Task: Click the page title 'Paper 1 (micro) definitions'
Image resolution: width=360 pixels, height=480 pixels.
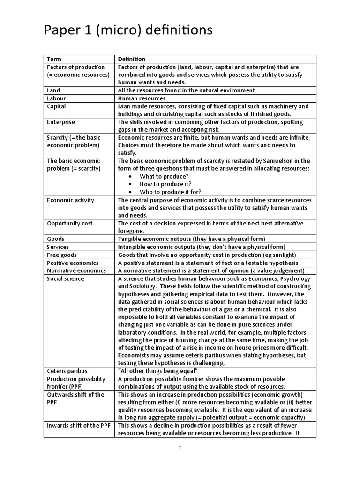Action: coord(128,31)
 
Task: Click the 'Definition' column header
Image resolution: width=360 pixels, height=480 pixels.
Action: coord(131,59)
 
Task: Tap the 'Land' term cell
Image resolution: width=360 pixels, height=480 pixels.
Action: coord(53,90)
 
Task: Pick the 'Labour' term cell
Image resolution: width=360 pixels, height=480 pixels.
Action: coord(56,98)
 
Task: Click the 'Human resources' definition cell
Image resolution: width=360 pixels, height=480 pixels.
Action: coord(141,98)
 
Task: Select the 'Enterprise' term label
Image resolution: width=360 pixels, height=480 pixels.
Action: coord(61,122)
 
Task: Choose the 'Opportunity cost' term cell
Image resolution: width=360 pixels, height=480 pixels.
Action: coord(70,223)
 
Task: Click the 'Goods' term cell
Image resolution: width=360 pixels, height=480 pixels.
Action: coord(56,239)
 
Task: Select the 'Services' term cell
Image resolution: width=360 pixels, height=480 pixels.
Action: coord(58,247)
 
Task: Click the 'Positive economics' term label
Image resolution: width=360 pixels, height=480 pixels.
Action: coord(73,262)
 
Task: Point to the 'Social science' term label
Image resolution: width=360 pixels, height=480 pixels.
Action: coord(66,278)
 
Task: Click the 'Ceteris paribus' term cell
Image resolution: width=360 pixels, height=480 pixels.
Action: coord(67,371)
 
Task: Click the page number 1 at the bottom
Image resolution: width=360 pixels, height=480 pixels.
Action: coord(180,448)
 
